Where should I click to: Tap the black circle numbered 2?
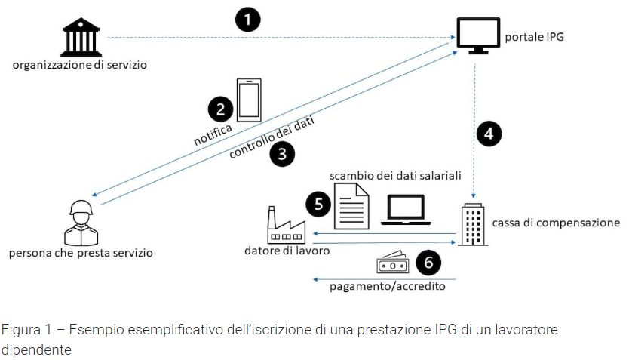(x=220, y=109)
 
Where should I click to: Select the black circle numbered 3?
(x=282, y=155)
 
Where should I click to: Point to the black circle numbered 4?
(x=489, y=134)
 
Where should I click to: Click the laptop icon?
(x=405, y=211)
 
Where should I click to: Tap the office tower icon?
(x=474, y=223)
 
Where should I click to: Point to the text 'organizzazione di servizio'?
(x=79, y=64)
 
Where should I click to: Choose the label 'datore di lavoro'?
(x=287, y=250)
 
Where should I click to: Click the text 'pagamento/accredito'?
(x=387, y=286)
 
